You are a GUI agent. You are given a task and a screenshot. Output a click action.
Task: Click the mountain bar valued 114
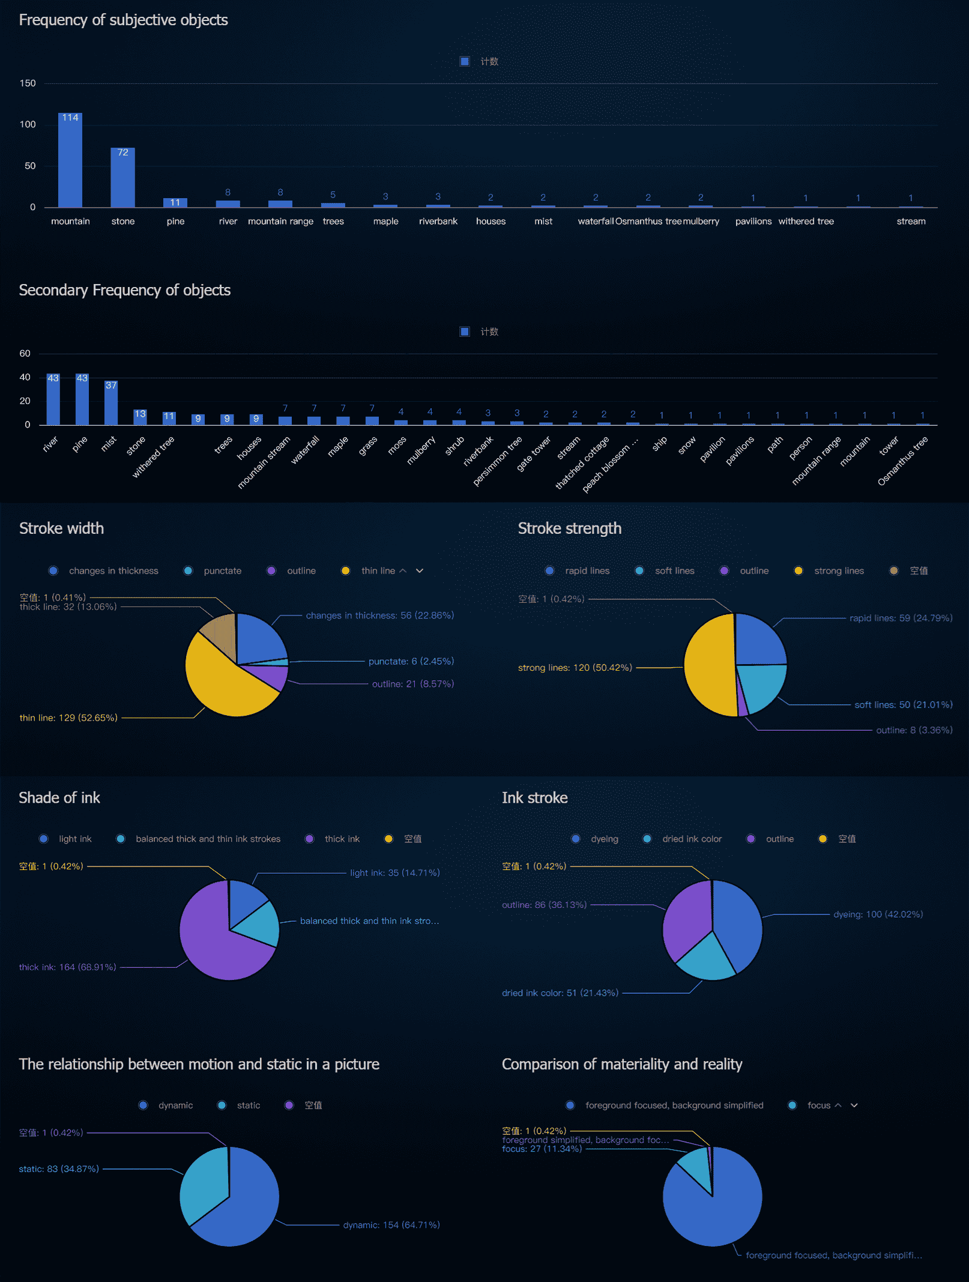(70, 161)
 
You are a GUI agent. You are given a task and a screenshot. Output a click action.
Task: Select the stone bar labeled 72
(122, 178)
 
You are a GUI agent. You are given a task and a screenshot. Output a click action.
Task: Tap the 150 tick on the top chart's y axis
(28, 83)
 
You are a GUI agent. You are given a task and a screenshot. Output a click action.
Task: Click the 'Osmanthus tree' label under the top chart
(648, 222)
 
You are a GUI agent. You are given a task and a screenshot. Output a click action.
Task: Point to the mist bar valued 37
(111, 403)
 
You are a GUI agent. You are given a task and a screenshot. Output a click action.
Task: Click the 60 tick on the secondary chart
(25, 354)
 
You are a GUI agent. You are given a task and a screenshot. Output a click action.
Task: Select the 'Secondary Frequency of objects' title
(125, 291)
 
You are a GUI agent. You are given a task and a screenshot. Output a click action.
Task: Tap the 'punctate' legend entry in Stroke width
(222, 571)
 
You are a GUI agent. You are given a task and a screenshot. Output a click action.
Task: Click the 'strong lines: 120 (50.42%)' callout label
(575, 668)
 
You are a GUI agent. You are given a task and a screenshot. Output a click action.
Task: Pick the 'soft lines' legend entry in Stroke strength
(674, 571)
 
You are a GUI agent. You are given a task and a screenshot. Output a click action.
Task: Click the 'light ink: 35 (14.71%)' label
(394, 873)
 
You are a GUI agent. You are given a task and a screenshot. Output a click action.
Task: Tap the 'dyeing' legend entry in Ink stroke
(603, 839)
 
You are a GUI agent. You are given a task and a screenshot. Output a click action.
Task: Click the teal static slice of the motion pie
(204, 1183)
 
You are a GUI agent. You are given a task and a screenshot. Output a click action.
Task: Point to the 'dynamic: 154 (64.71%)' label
(391, 1225)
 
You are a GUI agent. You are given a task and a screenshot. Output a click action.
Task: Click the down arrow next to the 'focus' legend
(854, 1105)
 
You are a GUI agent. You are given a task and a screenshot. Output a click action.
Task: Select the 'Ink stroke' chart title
(534, 798)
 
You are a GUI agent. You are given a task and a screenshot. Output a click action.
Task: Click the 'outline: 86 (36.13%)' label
(544, 905)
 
